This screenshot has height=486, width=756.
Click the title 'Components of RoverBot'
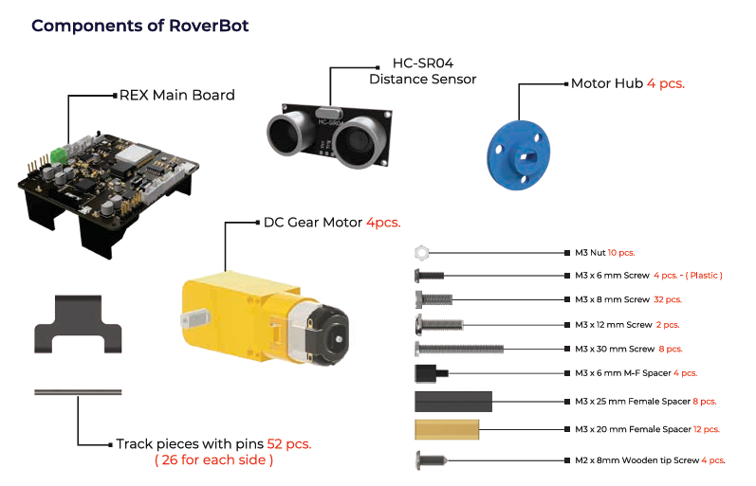pos(140,26)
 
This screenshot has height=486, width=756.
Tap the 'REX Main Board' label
pos(176,95)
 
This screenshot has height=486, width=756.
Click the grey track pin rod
pos(78,392)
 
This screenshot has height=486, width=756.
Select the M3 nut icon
pos(422,252)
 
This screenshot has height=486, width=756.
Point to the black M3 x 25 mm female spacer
pos(452,400)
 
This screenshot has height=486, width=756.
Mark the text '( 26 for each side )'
pos(213,460)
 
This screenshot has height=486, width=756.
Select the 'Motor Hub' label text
pos(606,83)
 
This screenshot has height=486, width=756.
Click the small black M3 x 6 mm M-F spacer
pos(425,372)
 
